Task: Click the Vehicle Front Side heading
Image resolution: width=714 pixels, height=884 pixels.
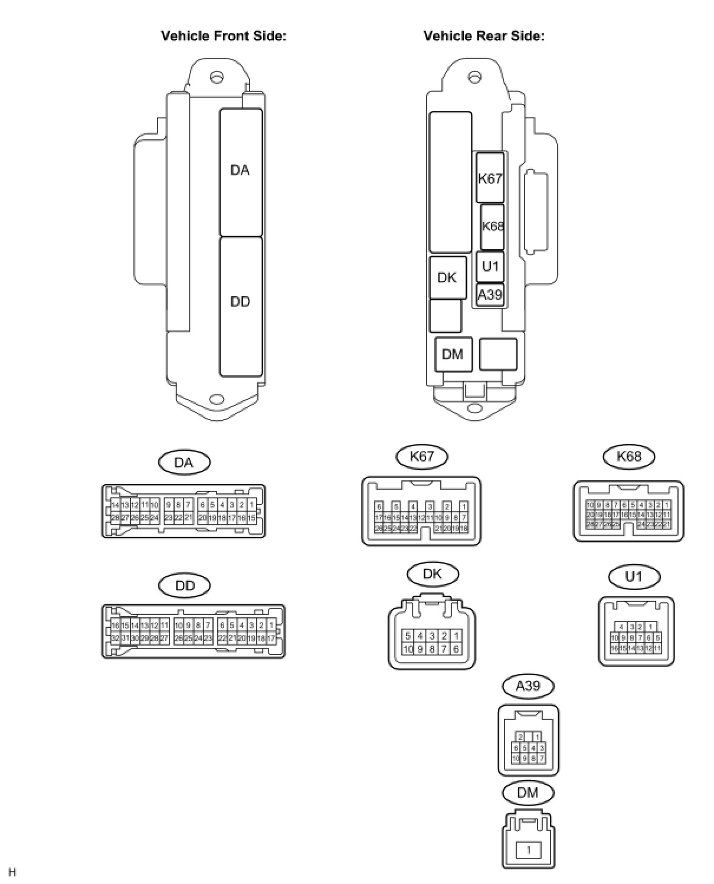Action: pyautogui.click(x=224, y=36)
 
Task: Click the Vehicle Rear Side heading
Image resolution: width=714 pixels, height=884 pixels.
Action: pyautogui.click(x=484, y=36)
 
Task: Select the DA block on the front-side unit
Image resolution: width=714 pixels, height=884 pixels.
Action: pyautogui.click(x=241, y=172)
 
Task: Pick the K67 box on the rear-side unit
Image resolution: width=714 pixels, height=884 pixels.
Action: pyautogui.click(x=490, y=178)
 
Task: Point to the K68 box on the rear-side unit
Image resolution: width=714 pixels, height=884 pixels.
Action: pyautogui.click(x=492, y=227)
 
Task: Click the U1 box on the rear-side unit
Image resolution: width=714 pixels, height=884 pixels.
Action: pyautogui.click(x=490, y=267)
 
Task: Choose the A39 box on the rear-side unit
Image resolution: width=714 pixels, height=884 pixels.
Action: pyautogui.click(x=490, y=294)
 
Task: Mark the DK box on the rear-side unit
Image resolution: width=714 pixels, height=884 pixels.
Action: pyautogui.click(x=447, y=277)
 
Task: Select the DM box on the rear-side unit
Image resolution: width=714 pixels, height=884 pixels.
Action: pyautogui.click(x=453, y=354)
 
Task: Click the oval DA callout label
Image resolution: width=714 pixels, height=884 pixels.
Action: pyautogui.click(x=184, y=463)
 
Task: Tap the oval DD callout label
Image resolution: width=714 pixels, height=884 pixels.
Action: pyautogui.click(x=185, y=586)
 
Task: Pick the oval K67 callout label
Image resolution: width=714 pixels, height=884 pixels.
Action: pyautogui.click(x=421, y=456)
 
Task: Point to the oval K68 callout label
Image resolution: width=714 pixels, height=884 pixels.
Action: pyautogui.click(x=630, y=456)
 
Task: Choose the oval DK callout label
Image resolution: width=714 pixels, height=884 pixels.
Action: pyautogui.click(x=433, y=574)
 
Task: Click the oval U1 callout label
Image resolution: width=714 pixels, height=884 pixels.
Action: pyautogui.click(x=633, y=577)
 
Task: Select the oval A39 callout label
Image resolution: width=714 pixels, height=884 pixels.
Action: pyautogui.click(x=528, y=686)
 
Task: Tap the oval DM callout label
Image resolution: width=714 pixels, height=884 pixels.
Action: pyautogui.click(x=528, y=793)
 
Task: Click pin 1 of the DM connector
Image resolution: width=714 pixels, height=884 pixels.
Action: pyautogui.click(x=529, y=850)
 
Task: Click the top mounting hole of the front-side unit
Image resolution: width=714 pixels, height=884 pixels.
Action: pyautogui.click(x=217, y=77)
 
